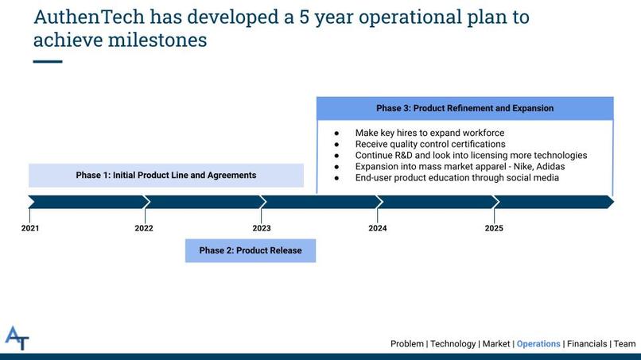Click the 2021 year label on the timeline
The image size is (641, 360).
click(30, 228)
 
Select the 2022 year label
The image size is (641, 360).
click(144, 228)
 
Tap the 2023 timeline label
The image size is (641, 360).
click(262, 228)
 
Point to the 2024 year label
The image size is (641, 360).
click(377, 228)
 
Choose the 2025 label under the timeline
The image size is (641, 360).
click(494, 228)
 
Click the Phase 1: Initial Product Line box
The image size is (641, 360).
click(166, 176)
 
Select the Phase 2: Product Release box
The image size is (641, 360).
click(251, 250)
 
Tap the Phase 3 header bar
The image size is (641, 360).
click(464, 108)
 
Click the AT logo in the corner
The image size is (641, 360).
click(17, 338)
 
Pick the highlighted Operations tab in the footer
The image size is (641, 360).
click(538, 343)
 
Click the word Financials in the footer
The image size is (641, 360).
click(587, 343)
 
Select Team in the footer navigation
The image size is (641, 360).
click(624, 343)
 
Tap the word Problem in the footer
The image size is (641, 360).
click(407, 343)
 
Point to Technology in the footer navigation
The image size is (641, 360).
click(453, 343)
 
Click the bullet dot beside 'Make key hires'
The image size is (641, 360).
click(336, 134)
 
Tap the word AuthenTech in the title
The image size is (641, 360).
click(89, 17)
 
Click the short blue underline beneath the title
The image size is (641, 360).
click(48, 62)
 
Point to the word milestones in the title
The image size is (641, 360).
click(157, 40)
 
